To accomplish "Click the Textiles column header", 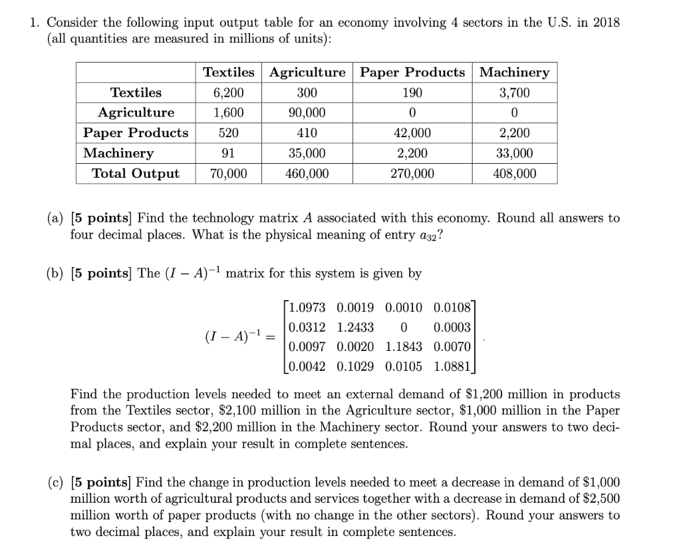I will tap(228, 72).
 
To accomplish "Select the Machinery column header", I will tap(514, 72).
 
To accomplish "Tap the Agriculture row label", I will tap(136, 113).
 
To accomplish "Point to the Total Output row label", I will tap(136, 174).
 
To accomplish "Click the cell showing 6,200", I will tap(228, 93).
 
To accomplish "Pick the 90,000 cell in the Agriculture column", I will tap(307, 113).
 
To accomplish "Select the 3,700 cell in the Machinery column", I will tap(514, 93).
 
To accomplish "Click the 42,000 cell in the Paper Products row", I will tap(412, 133).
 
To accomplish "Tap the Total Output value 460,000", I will tap(307, 174).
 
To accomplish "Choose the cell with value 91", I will tap(228, 153).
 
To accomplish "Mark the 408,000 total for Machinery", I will tap(514, 174).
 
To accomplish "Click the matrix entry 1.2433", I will tap(356, 327).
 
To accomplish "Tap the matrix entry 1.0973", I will tap(308, 308).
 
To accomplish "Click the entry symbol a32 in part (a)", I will tap(426, 236).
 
